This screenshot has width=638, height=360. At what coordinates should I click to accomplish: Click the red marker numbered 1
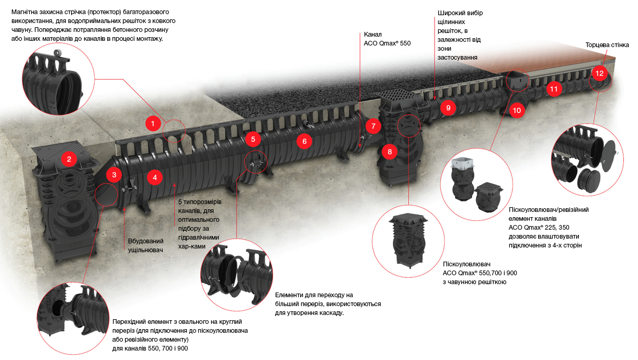pos(152,124)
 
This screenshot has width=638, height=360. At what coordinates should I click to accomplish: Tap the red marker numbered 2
pos(69,159)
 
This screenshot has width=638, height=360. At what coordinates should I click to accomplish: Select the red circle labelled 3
pos(115,175)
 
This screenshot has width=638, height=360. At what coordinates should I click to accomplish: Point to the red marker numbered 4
pos(155,177)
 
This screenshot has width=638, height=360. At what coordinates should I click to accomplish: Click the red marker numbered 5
pos(253,139)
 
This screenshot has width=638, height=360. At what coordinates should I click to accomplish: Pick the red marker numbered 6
pos(304,140)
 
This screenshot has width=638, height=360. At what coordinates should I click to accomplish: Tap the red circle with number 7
pos(373,126)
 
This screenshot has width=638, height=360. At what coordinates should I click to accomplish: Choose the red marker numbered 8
pos(390,152)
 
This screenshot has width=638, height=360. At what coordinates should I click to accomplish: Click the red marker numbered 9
pos(448,108)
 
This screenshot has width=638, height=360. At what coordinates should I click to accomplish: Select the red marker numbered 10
pos(517,110)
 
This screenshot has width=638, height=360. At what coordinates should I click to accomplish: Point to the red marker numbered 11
pos(554,89)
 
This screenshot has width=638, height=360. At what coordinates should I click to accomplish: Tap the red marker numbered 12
pos(599,73)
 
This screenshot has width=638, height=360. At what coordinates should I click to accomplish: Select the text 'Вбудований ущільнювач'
pos(146,245)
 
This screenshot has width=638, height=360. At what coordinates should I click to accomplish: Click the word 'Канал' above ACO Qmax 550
pos(374,34)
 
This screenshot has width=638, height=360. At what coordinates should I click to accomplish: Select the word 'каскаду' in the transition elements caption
pos(328,313)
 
